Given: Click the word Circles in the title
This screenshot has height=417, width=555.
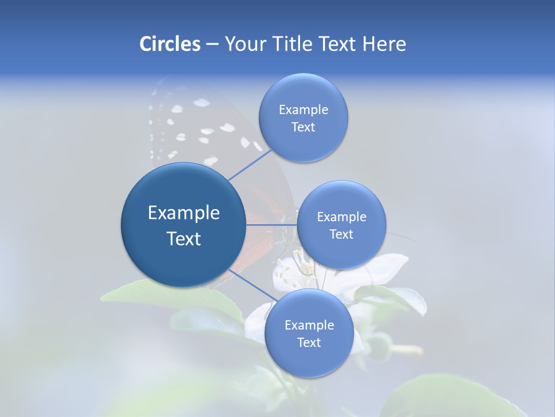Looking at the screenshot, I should pos(169,44).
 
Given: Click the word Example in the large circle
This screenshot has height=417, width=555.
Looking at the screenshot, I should pos(184,213).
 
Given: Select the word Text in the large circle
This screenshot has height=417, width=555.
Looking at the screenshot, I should pos(184,239).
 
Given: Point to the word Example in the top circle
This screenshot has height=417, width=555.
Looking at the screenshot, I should pos(303,109).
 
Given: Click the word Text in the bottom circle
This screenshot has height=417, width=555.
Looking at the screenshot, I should pos(309,342).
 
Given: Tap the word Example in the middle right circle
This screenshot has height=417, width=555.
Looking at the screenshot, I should pos(341,217).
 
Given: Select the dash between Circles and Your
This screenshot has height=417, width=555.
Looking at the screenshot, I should pos(212,44).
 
